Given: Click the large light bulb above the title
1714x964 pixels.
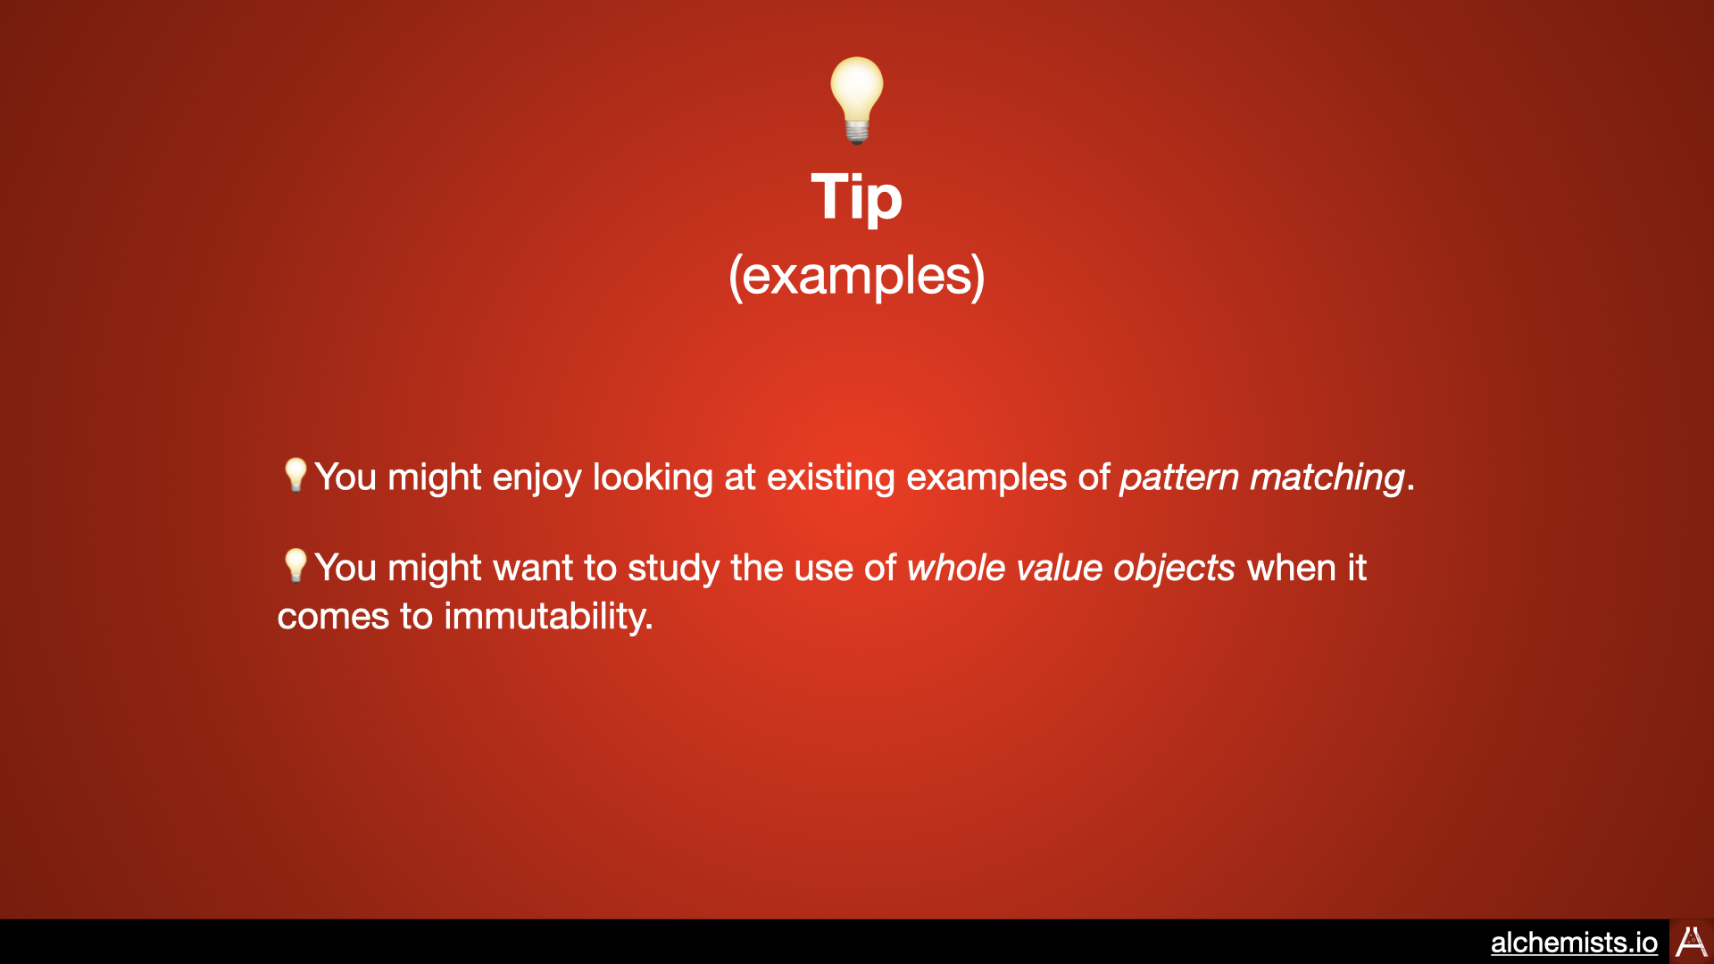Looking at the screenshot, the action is click(x=857, y=100).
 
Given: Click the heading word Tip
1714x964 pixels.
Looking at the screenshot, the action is click(x=857, y=197).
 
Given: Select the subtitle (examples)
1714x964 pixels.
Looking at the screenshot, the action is click(x=857, y=276).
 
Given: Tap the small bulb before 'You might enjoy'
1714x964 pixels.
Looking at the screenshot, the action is click(x=295, y=475).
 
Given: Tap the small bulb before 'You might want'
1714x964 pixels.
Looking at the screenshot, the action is click(x=295, y=566).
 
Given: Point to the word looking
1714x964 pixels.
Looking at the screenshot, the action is click(x=653, y=478).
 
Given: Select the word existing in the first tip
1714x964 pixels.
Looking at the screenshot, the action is click(x=830, y=478).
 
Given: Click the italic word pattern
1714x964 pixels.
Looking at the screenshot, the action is click(x=1179, y=478).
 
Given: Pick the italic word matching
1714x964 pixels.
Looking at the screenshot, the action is click(x=1327, y=478).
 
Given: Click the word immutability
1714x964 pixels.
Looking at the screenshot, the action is click(x=548, y=617).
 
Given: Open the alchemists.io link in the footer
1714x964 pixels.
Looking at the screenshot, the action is click(x=1574, y=943).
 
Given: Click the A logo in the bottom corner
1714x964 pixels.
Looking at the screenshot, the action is click(x=1692, y=942).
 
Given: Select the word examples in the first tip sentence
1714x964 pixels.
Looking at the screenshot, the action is click(x=986, y=478).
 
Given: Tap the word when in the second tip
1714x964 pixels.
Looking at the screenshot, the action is click(x=1292, y=569).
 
